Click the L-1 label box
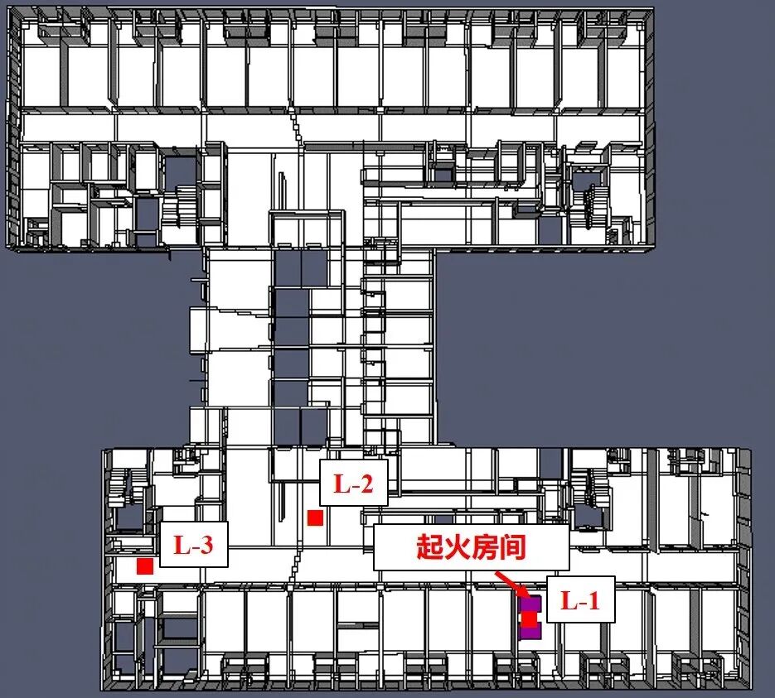click(580, 599)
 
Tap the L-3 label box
click(193, 545)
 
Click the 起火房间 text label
click(471, 547)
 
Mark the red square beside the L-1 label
click(529, 619)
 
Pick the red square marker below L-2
click(315, 517)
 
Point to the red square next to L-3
click(145, 566)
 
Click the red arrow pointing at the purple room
click(510, 583)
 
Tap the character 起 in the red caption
click(429, 547)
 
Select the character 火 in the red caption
click(457, 547)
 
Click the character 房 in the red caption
click(485, 547)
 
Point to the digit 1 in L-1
click(593, 600)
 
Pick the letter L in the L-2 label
click(340, 484)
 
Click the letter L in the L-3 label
click(179, 545)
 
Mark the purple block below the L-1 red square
click(530, 633)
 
